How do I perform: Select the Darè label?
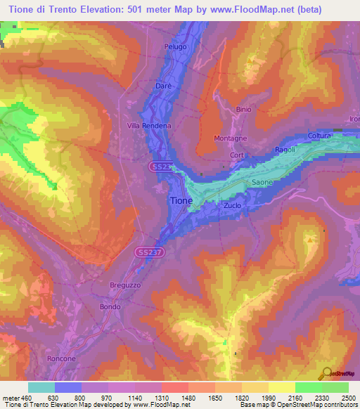click(162, 86)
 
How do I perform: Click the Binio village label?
click(243, 110)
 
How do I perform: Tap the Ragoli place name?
click(285, 150)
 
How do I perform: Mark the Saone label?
click(262, 183)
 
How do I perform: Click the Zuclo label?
click(232, 206)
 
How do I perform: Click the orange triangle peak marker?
click(309, 239)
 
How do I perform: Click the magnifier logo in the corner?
click(326, 374)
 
